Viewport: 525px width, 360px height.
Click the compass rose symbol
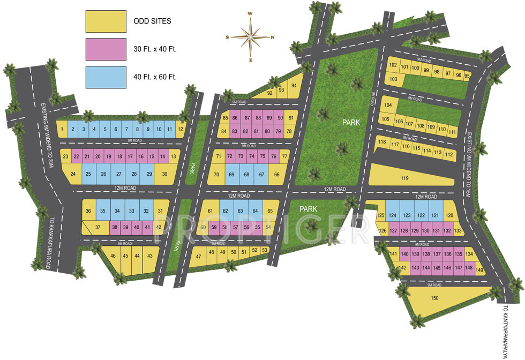250,37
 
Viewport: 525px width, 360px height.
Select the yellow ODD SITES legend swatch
106,22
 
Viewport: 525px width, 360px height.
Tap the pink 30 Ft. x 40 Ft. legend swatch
106,49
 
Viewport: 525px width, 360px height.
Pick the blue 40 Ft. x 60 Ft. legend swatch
106,77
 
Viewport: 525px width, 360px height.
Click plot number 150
434,298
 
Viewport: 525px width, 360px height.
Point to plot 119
404,178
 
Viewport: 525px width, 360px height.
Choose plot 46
113,256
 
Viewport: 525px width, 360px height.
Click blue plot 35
102,211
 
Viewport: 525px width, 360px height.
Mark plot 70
216,175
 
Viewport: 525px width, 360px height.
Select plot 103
394,79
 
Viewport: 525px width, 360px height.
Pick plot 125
381,216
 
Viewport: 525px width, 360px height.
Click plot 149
479,270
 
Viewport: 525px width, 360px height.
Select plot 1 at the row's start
63,129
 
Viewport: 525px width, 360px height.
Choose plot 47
199,257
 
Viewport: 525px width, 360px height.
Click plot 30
164,174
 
